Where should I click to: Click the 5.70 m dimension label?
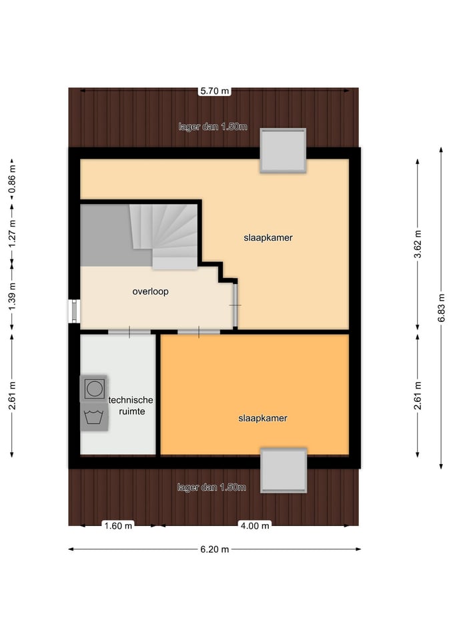click(x=214, y=91)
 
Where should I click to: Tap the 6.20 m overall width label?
click(x=214, y=549)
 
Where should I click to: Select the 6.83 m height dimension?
click(x=442, y=308)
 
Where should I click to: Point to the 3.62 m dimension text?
click(x=418, y=245)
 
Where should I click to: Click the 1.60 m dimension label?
click(x=118, y=526)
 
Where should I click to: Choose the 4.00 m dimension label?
click(x=255, y=526)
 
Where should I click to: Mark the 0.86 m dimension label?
click(x=12, y=179)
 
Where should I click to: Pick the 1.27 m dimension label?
click(x=12, y=233)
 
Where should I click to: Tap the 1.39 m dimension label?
click(x=12, y=296)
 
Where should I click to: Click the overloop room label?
click(x=150, y=291)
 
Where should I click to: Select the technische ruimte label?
click(x=131, y=406)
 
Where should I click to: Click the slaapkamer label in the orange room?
click(x=263, y=419)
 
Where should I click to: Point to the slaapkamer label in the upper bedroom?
click(x=268, y=237)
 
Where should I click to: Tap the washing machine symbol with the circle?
click(x=94, y=389)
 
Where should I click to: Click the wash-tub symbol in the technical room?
click(x=94, y=417)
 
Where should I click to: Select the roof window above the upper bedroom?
click(x=283, y=151)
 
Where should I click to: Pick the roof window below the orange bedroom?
click(x=284, y=470)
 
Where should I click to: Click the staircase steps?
click(x=164, y=236)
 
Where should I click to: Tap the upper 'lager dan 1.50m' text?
click(x=213, y=127)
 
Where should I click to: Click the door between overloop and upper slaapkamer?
click(x=236, y=305)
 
